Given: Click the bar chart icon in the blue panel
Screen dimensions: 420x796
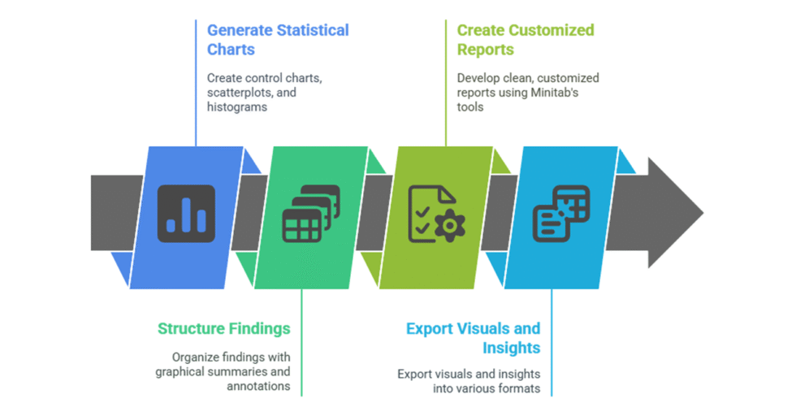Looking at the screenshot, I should (186, 214).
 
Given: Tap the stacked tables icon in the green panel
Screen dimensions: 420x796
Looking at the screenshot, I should (310, 214).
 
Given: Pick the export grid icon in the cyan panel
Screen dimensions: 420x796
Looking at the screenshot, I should (560, 214).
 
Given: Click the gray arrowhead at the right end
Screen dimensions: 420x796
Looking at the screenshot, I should (674, 214).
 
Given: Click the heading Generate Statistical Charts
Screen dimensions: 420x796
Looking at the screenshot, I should (277, 40).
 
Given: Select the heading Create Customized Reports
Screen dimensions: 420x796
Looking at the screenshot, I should (525, 40).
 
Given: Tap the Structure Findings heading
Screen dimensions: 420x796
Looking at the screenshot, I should (223, 328).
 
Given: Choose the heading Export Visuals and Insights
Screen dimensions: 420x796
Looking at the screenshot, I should (473, 338).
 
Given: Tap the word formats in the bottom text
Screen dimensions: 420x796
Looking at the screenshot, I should (521, 389).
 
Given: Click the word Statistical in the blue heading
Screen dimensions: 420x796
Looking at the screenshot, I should (312, 30).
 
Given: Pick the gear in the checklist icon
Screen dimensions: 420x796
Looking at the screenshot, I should (445, 224).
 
